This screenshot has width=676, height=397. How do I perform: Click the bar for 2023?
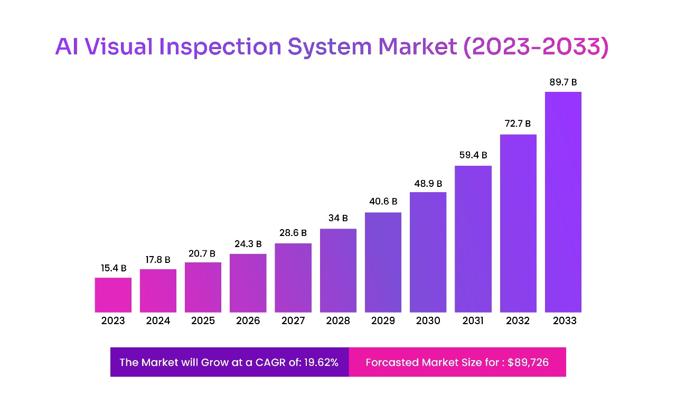tap(113, 295)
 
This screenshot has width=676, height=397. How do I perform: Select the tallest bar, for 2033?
tap(563, 202)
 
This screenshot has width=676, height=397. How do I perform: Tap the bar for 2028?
tap(338, 270)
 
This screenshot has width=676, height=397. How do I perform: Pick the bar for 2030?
tap(428, 252)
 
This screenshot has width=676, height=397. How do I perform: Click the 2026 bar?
tap(248, 283)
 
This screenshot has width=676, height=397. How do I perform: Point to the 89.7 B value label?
tap(563, 82)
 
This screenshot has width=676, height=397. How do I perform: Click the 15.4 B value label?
tap(113, 268)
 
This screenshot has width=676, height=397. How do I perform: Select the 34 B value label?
tap(338, 219)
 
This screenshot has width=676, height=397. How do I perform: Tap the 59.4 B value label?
tap(473, 156)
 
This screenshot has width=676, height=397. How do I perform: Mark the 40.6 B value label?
tap(383, 202)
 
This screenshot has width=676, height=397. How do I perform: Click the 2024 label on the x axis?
tap(158, 321)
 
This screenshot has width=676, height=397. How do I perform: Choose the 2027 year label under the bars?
tap(293, 321)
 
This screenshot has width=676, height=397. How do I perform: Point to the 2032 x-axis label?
tap(518, 321)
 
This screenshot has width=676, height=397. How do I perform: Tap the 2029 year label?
tap(383, 321)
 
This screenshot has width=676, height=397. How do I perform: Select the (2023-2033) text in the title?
tap(536, 48)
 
